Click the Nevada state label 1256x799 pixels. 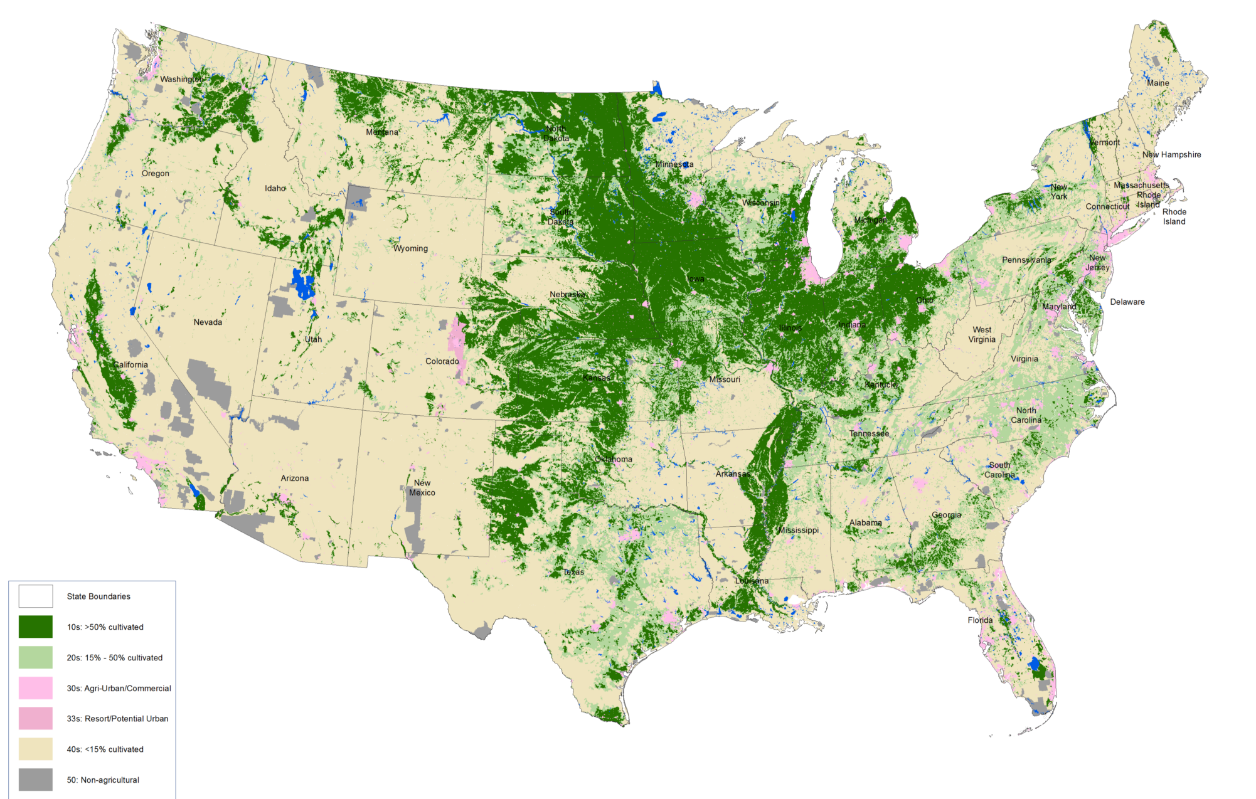[208, 322]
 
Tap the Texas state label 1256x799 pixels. [573, 572]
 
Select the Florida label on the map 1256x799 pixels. [980, 620]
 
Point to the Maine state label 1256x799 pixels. [1158, 83]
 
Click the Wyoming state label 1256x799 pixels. [410, 248]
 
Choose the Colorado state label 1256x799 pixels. [442, 361]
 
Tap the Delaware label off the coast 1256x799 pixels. [1127, 302]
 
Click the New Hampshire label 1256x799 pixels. [1171, 154]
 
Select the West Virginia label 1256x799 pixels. [982, 334]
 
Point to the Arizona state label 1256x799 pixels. [294, 478]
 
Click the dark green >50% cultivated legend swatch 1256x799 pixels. [36, 627]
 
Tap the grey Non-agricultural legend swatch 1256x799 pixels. [36, 780]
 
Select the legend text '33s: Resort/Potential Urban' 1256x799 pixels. [117, 719]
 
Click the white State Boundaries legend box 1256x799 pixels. [36, 596]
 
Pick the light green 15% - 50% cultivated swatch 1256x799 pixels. [36, 657]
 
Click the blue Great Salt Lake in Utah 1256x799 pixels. [304, 284]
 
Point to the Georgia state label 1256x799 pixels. [946, 515]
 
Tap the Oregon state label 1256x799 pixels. [155, 174]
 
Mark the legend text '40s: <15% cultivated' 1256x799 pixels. [105, 749]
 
